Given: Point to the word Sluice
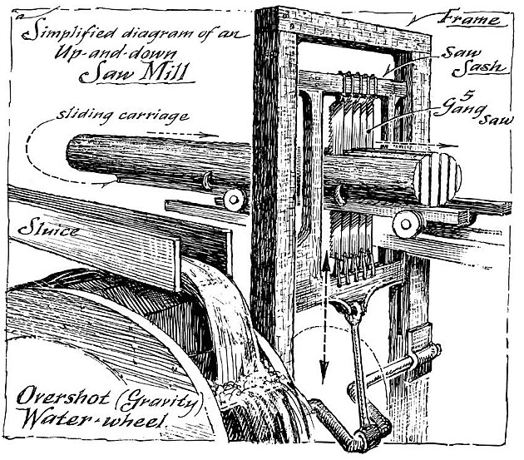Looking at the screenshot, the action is pyautogui.click(x=49, y=230).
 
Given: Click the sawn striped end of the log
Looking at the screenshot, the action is pyautogui.click(x=437, y=179).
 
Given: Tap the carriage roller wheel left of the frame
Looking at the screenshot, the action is pyautogui.click(x=234, y=200).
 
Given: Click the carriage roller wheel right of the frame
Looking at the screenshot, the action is pyautogui.click(x=408, y=224).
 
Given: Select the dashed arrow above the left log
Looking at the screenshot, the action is pyautogui.click(x=182, y=134).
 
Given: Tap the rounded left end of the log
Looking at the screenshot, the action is pyautogui.click(x=74, y=153).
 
